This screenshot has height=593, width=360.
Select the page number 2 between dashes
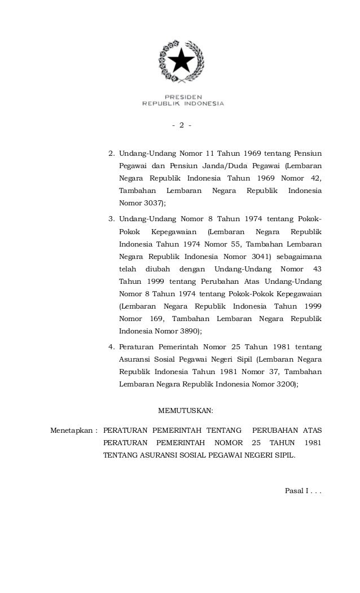182,125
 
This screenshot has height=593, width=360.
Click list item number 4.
111,345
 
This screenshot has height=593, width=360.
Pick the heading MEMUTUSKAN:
185,410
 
